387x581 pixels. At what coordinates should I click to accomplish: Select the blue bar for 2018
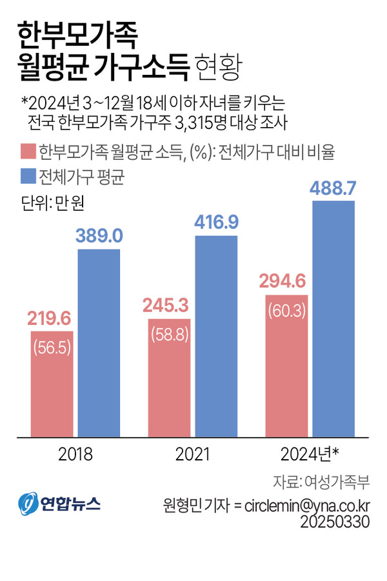(99, 342)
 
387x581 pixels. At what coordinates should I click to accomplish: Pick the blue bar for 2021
(216, 335)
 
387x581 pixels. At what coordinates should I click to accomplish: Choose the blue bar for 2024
(333, 319)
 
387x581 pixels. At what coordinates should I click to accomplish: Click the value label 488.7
(333, 188)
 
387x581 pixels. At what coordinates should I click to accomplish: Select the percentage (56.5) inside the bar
(52, 346)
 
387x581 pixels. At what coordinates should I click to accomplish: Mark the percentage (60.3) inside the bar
(286, 310)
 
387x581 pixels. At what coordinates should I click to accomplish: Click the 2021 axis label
(193, 455)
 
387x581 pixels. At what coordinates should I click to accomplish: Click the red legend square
(28, 152)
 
